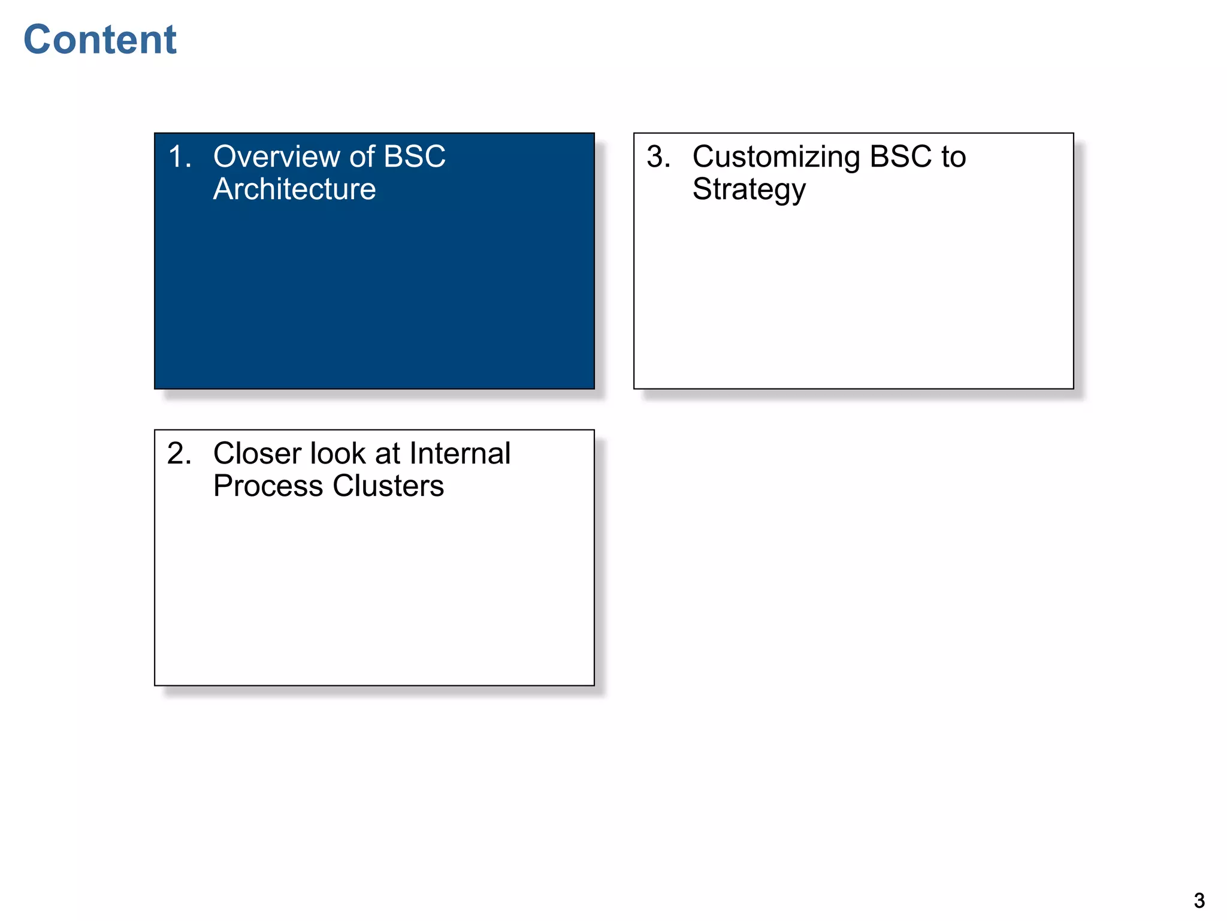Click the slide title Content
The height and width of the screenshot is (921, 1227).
100,40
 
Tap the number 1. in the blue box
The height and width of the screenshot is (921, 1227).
179,157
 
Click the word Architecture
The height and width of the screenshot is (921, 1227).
294,189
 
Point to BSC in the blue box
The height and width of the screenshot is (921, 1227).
414,157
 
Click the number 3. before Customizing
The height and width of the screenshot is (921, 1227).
658,157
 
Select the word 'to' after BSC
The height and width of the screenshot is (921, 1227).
953,157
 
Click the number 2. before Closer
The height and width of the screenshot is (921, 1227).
179,454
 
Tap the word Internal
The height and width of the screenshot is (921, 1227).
460,454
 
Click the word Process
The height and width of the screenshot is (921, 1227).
268,486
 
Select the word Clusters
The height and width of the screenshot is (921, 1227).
388,486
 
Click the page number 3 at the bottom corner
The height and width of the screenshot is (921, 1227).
1199,901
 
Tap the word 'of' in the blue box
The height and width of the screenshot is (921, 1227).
362,157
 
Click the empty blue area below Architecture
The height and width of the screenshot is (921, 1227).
374,300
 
